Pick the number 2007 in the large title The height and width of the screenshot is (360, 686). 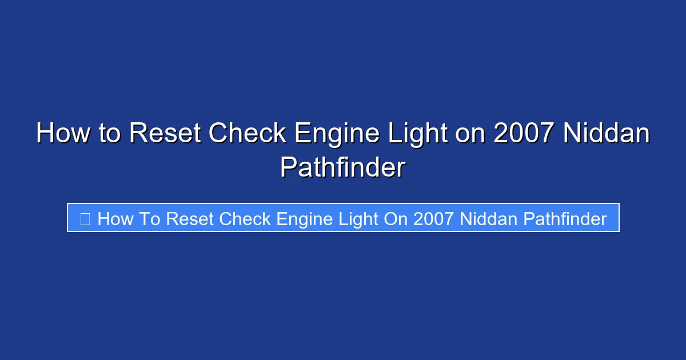(524, 134)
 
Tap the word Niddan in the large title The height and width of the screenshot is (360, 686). (607, 134)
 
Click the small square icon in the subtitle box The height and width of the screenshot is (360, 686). (85, 218)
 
